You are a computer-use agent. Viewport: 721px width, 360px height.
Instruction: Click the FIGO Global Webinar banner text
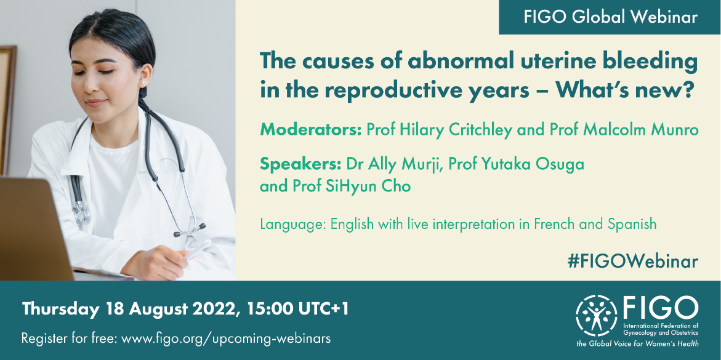click(611, 17)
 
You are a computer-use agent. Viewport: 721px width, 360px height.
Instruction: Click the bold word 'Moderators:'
click(311, 130)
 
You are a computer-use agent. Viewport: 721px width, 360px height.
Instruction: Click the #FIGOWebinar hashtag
click(633, 261)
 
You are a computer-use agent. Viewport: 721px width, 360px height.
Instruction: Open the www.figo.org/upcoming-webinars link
click(226, 339)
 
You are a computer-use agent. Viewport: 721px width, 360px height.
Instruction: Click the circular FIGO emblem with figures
click(597, 316)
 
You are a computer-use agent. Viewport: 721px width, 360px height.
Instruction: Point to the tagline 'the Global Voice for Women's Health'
click(637, 343)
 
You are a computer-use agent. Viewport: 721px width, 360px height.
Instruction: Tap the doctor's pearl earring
click(143, 82)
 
